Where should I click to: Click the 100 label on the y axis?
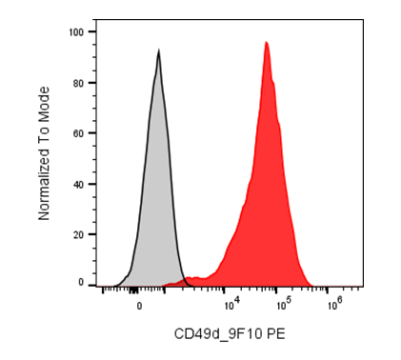click(76, 32)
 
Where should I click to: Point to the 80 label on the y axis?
click(79, 83)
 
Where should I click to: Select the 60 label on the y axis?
click(79, 133)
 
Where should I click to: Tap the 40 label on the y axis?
click(79, 184)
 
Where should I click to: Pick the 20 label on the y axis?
click(79, 234)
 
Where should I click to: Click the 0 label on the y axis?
click(81, 282)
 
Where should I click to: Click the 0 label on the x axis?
click(139, 307)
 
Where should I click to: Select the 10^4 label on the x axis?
click(232, 305)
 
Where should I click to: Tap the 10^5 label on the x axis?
click(284, 305)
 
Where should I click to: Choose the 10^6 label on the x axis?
click(335, 305)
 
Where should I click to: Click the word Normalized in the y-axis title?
click(44, 187)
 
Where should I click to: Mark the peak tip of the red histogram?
click(266, 42)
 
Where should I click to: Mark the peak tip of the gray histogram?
click(158, 50)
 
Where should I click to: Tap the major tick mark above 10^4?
click(224, 290)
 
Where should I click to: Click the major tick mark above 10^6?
click(327, 290)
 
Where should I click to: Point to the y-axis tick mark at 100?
click(92, 31)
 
